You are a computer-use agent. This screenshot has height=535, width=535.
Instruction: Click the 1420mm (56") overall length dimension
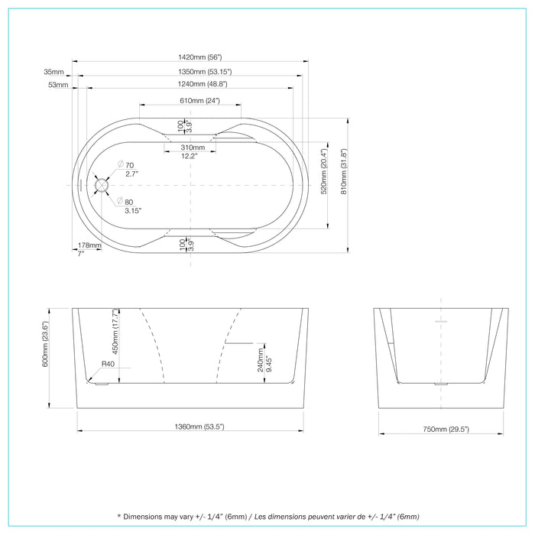[x=190, y=57]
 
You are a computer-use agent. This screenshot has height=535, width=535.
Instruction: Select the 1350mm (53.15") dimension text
[x=190, y=72]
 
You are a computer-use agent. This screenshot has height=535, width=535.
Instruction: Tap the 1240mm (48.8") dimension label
[x=190, y=84]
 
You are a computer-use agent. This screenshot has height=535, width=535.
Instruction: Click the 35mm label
[x=54, y=72]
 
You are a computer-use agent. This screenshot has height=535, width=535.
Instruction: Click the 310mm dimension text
[x=192, y=148]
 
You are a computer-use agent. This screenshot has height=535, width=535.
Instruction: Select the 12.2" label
[x=190, y=156]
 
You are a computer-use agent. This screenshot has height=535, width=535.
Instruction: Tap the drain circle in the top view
[x=102, y=184]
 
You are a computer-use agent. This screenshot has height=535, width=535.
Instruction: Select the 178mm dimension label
[x=89, y=245]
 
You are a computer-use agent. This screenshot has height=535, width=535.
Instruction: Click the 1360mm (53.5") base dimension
[x=190, y=426]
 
